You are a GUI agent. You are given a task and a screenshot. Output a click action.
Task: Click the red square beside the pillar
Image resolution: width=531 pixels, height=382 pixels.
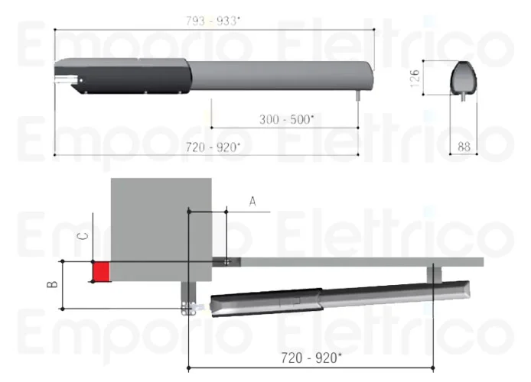[x=100, y=271]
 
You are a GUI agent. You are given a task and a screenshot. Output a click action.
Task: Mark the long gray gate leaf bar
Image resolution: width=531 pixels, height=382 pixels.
[x=352, y=262]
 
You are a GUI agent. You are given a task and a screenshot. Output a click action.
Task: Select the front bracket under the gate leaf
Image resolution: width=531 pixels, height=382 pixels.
[x=434, y=274]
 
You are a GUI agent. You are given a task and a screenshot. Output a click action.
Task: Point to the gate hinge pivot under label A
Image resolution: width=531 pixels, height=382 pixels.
[x=227, y=262]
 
